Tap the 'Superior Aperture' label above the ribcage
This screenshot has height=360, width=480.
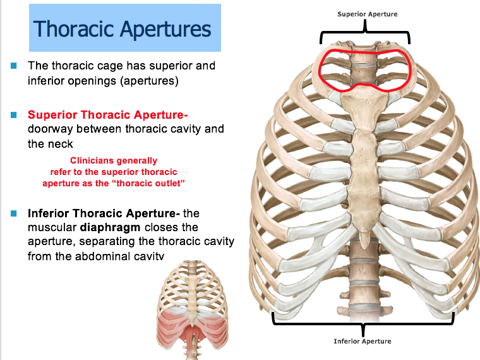(x=367, y=14)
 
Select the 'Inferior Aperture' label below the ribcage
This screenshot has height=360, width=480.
(x=363, y=341)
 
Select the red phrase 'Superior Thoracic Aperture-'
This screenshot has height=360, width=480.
(x=108, y=115)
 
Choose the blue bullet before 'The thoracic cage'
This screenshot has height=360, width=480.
(x=13, y=66)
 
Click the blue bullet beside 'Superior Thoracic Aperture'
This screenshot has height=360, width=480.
(x=13, y=115)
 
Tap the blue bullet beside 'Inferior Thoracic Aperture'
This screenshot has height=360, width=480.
(x=13, y=213)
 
